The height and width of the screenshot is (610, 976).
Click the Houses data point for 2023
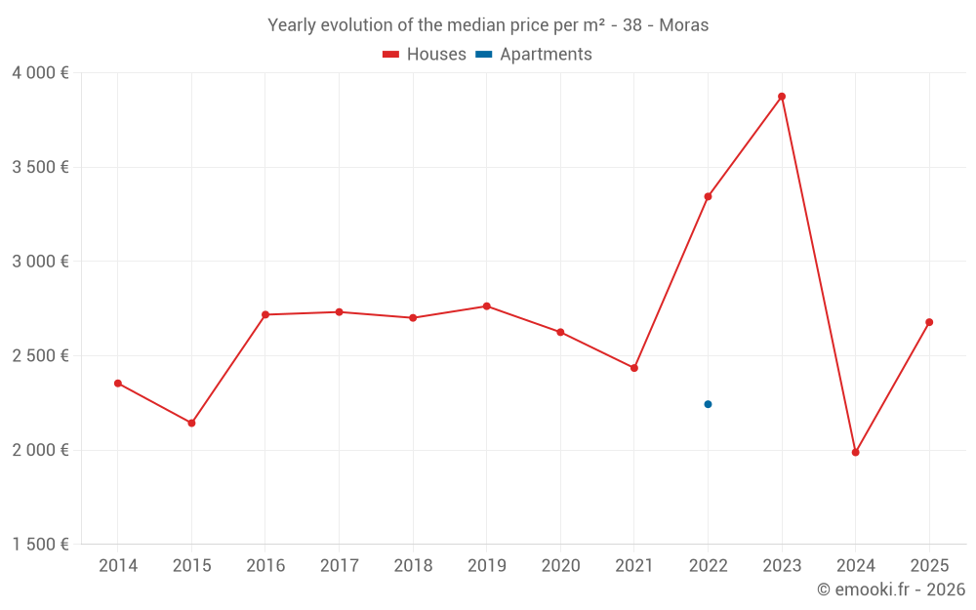pos(782,97)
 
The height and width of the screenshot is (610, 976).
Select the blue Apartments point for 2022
pos(708,404)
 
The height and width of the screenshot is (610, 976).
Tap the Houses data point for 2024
pos(855,452)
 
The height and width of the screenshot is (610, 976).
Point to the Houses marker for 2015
pos(191,423)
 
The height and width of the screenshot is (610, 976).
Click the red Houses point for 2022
pos(708,196)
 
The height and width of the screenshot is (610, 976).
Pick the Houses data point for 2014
pos(117,384)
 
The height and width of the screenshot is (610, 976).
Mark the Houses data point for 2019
pos(486,306)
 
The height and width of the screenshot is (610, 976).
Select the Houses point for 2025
pos(929,322)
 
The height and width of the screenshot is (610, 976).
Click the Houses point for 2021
pos(633,368)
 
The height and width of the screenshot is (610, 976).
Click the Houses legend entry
pos(425,55)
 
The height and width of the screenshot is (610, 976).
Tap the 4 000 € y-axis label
pos(40,73)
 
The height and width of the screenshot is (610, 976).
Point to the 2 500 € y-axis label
pos(40,356)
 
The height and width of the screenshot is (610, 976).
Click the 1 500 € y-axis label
pos(40,545)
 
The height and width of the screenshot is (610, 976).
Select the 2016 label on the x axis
pos(265,566)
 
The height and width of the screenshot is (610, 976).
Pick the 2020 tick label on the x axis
pos(560,566)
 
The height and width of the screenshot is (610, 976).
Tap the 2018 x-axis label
pos(413,566)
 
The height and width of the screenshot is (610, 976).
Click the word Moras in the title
pos(683,25)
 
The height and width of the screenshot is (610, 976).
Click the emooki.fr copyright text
pos(890,590)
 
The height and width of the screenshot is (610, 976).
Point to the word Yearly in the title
pos(292,25)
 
